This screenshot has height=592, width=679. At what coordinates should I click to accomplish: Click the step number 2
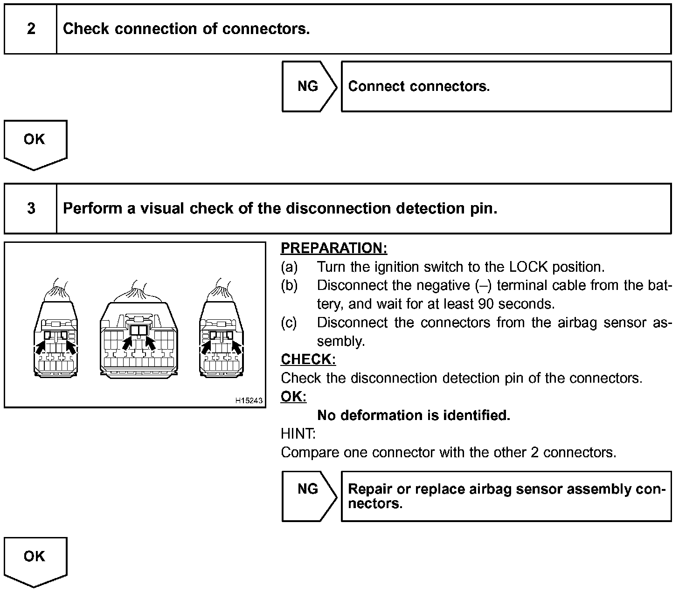click(x=31, y=29)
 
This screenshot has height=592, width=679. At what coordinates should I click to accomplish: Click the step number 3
click(x=31, y=208)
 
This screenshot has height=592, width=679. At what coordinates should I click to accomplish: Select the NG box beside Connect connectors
click(x=308, y=86)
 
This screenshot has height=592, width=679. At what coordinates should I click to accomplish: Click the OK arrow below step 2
click(x=35, y=142)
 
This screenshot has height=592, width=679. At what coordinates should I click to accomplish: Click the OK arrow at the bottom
click(x=35, y=559)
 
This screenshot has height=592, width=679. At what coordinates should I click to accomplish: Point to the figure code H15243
click(x=249, y=400)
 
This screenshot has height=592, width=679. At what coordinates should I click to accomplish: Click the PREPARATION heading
click(x=334, y=248)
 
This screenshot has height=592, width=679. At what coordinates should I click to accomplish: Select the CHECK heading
click(x=308, y=359)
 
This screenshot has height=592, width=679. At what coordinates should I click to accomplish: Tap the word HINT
click(x=298, y=434)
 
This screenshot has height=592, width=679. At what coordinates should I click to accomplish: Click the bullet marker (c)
click(x=289, y=323)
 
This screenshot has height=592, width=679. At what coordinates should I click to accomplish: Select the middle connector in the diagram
click(x=139, y=338)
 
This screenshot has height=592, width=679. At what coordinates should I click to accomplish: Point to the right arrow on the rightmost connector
click(x=237, y=348)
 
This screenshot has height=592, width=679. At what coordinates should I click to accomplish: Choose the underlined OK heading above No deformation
click(x=293, y=397)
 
